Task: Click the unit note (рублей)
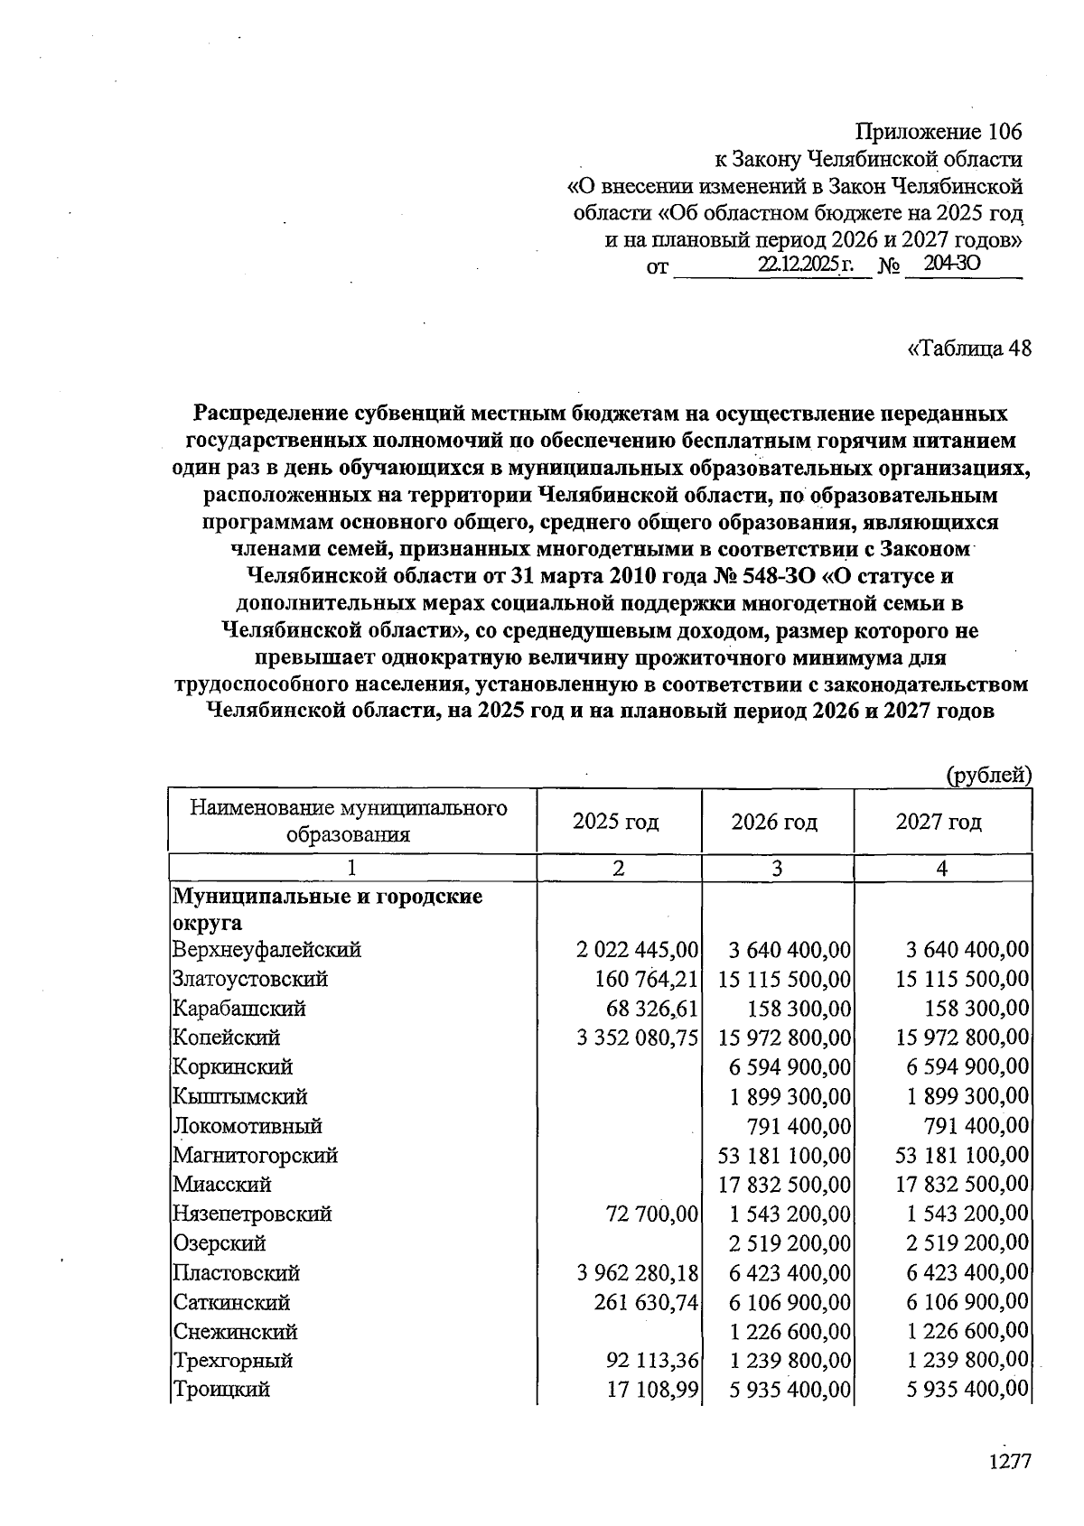coord(988,774)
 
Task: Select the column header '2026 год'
coord(774,822)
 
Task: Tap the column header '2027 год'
coord(939,822)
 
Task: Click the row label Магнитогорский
coord(256,1155)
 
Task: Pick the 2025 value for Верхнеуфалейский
coord(638,950)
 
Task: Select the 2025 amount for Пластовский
coord(638,1273)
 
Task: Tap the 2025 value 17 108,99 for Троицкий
coord(652,1390)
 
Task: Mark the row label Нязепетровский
coord(252,1214)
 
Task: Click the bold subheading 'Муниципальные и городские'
coord(327,897)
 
